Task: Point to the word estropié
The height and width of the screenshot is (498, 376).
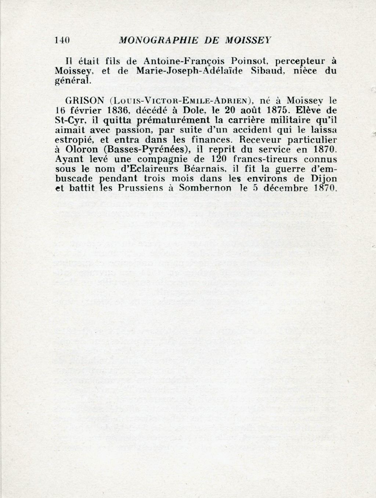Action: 72,140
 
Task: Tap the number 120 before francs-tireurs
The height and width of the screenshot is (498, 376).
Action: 218,160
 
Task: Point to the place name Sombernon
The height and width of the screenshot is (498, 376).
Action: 206,189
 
